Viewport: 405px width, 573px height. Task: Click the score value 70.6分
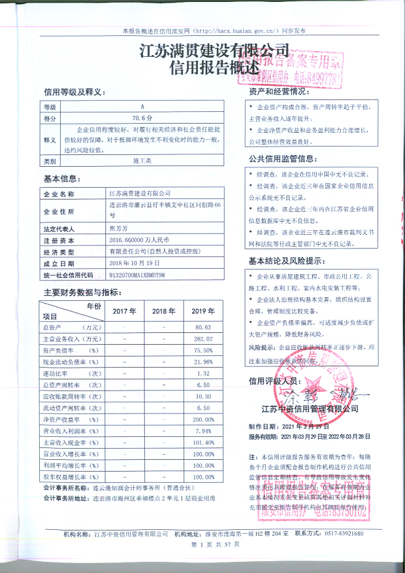142,118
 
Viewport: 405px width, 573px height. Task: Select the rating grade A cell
142,106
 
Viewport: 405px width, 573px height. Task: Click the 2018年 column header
163,311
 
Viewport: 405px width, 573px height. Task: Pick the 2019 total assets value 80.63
204,326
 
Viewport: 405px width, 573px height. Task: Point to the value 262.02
204,338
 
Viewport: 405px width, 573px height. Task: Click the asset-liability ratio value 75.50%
204,350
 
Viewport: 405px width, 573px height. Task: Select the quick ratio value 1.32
204,373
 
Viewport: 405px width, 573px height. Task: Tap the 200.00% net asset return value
204,419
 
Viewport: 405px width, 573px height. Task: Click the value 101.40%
204,443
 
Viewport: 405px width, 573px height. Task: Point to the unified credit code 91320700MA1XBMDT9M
138,275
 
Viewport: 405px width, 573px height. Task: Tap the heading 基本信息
61,179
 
